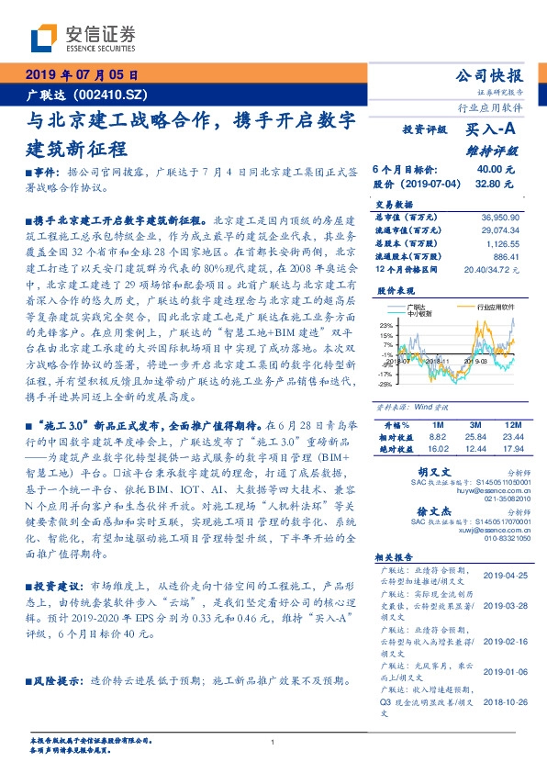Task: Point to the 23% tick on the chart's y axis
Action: tap(385, 325)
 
